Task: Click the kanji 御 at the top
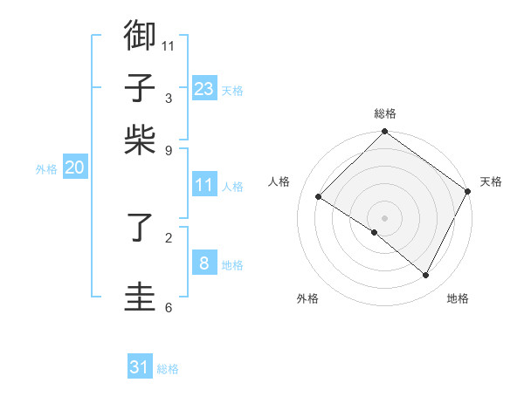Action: tap(141, 36)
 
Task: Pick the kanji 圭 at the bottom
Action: tap(141, 296)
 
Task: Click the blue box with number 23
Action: tap(203, 89)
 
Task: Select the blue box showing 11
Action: tap(203, 185)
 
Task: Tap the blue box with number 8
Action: tap(203, 263)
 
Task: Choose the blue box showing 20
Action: tap(74, 168)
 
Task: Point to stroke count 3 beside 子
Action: tap(168, 99)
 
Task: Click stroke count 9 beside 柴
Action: tap(168, 149)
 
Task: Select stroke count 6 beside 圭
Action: tap(168, 307)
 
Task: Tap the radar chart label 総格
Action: tap(385, 113)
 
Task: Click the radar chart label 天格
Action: tap(491, 181)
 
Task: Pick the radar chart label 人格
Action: tap(279, 181)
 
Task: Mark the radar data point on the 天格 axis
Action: tap(468, 191)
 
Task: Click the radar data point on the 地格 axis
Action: tap(426, 276)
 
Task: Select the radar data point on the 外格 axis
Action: tap(375, 233)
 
